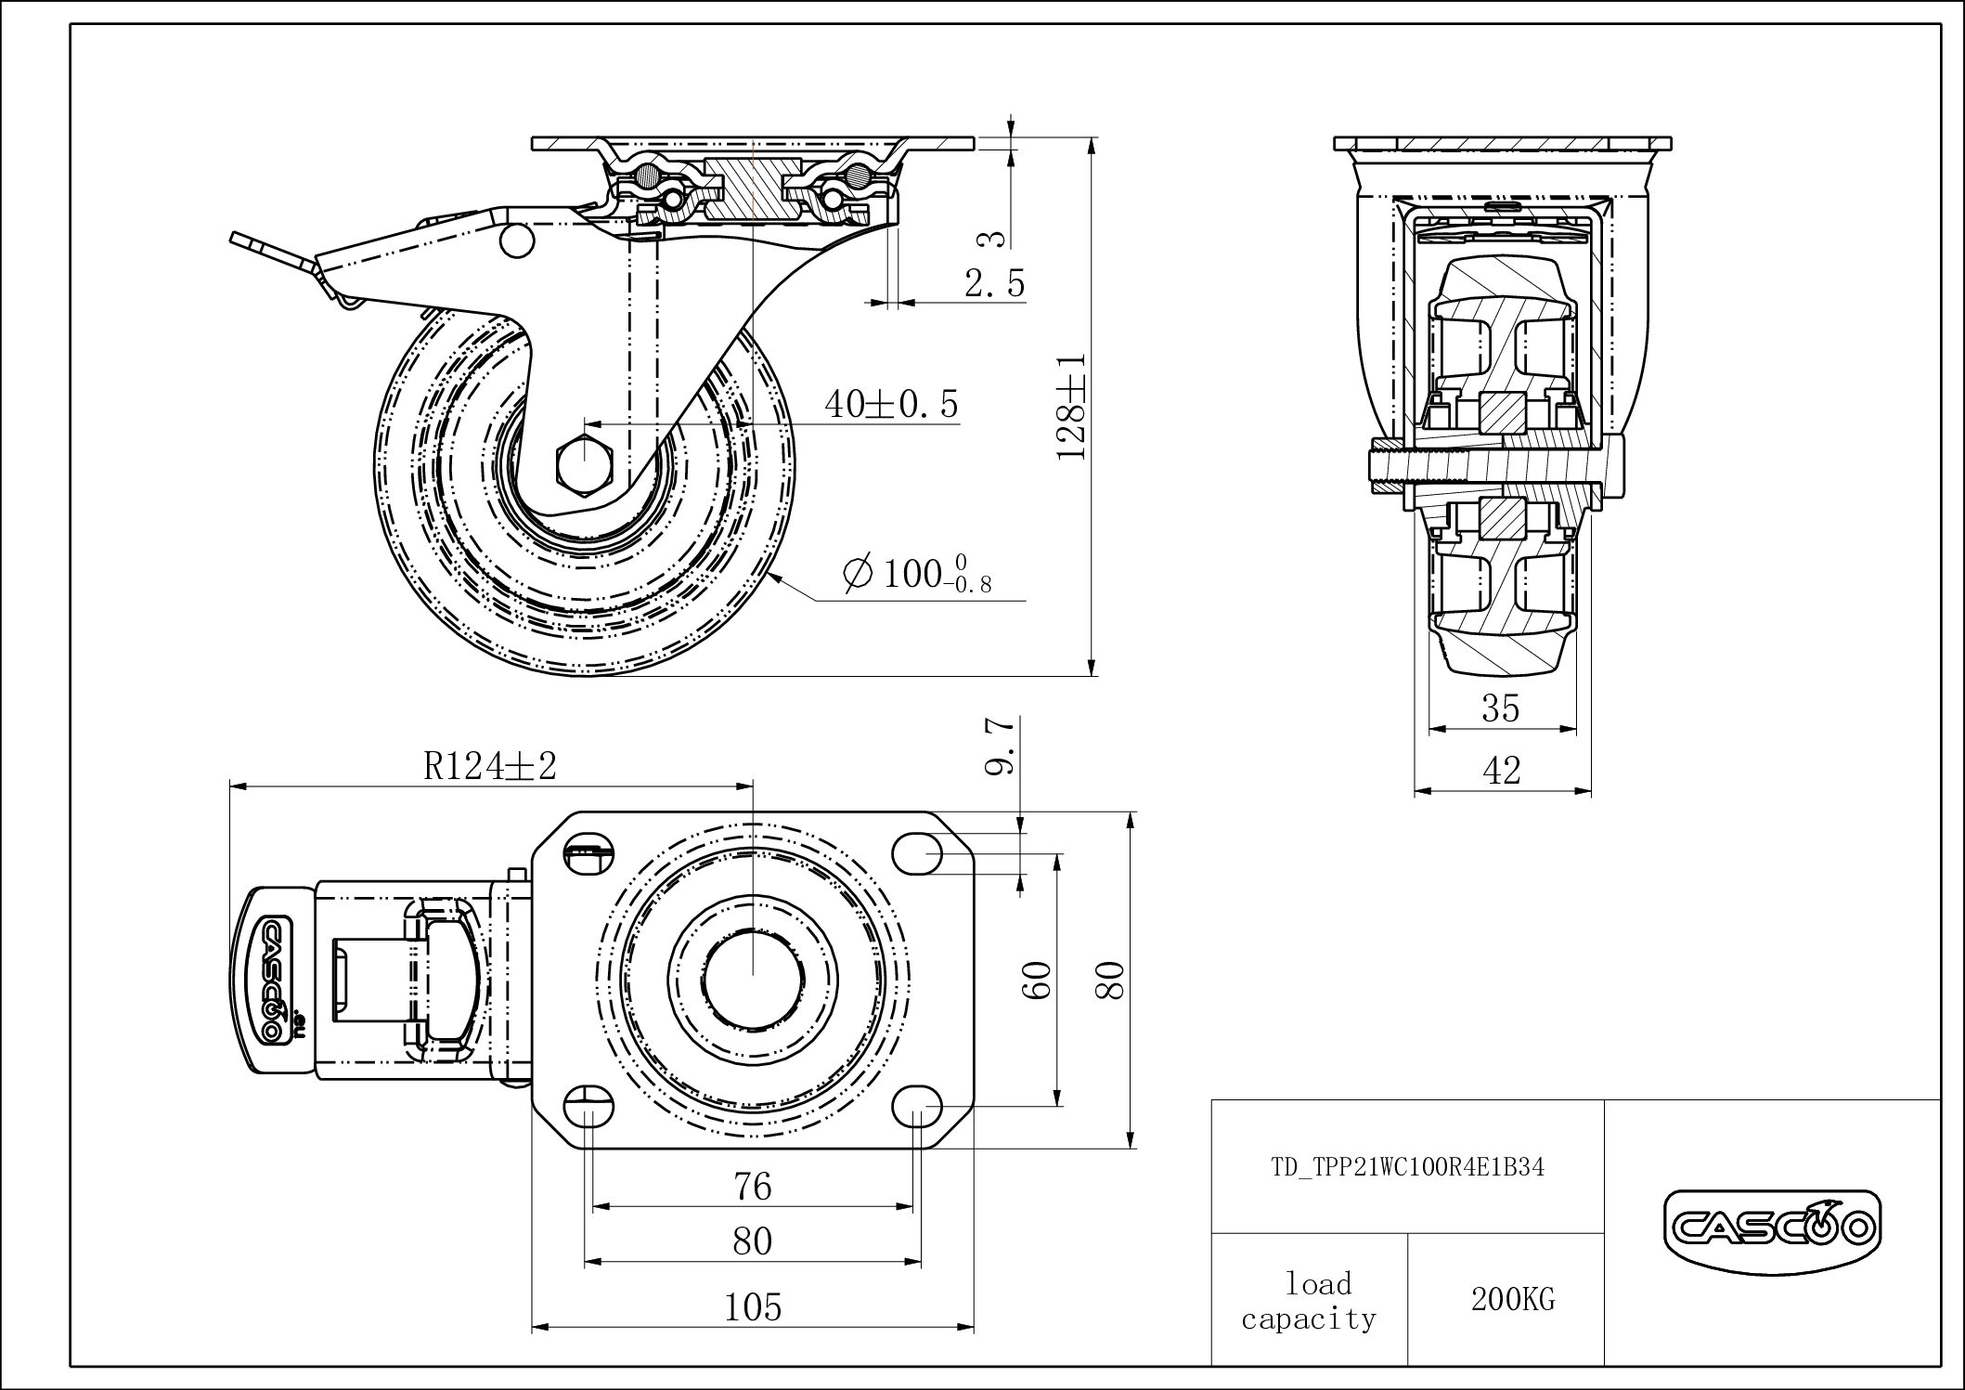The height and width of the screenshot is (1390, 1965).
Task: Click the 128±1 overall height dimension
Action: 1072,405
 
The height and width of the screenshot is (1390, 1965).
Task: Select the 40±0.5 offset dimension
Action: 891,404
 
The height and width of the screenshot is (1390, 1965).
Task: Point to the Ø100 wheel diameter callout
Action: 917,575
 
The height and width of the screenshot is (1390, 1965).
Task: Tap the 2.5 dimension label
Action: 995,283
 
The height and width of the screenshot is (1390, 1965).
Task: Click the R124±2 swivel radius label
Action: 490,766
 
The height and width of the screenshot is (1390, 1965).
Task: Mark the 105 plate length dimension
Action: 753,1307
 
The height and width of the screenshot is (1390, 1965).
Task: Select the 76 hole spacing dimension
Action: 753,1186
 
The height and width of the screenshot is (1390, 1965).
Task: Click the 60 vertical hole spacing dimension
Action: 1040,980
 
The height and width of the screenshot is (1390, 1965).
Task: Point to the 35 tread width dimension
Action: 1501,708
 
